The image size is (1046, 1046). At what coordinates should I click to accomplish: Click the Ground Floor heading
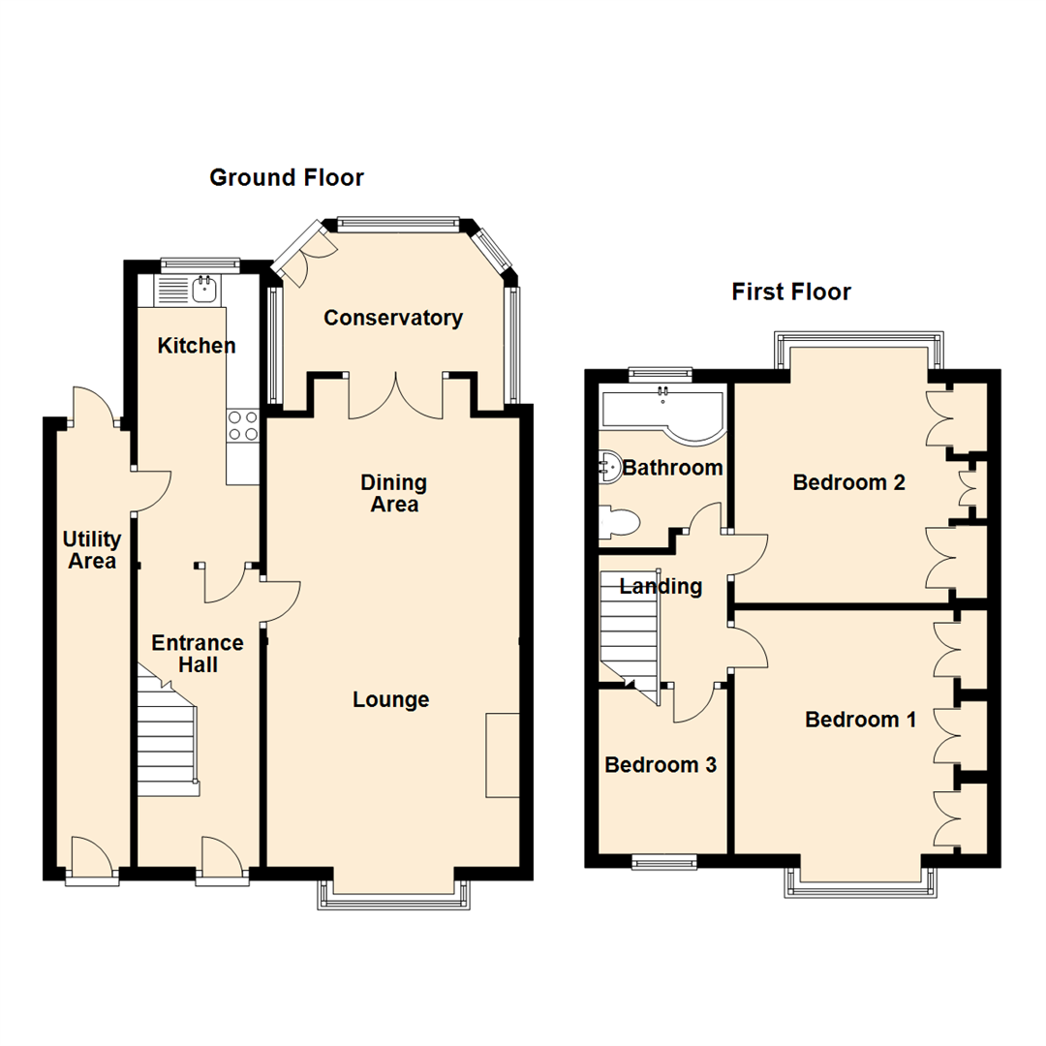click(287, 177)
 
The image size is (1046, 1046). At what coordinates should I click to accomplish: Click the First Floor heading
click(791, 292)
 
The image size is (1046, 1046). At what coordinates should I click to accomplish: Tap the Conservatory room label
click(393, 318)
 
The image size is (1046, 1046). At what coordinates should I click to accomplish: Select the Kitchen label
click(197, 346)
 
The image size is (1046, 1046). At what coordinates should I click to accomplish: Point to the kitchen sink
click(204, 288)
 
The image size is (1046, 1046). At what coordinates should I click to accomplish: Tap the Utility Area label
click(91, 550)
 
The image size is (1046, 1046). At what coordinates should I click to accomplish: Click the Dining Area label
click(393, 493)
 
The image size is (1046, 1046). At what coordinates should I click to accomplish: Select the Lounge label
click(390, 699)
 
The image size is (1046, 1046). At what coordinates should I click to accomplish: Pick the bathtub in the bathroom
click(662, 412)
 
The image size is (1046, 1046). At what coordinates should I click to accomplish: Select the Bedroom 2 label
click(848, 482)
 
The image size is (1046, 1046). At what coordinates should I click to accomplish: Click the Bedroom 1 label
click(860, 720)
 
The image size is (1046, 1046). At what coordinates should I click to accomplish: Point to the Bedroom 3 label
click(661, 765)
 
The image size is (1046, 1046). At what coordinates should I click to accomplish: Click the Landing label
click(661, 586)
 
